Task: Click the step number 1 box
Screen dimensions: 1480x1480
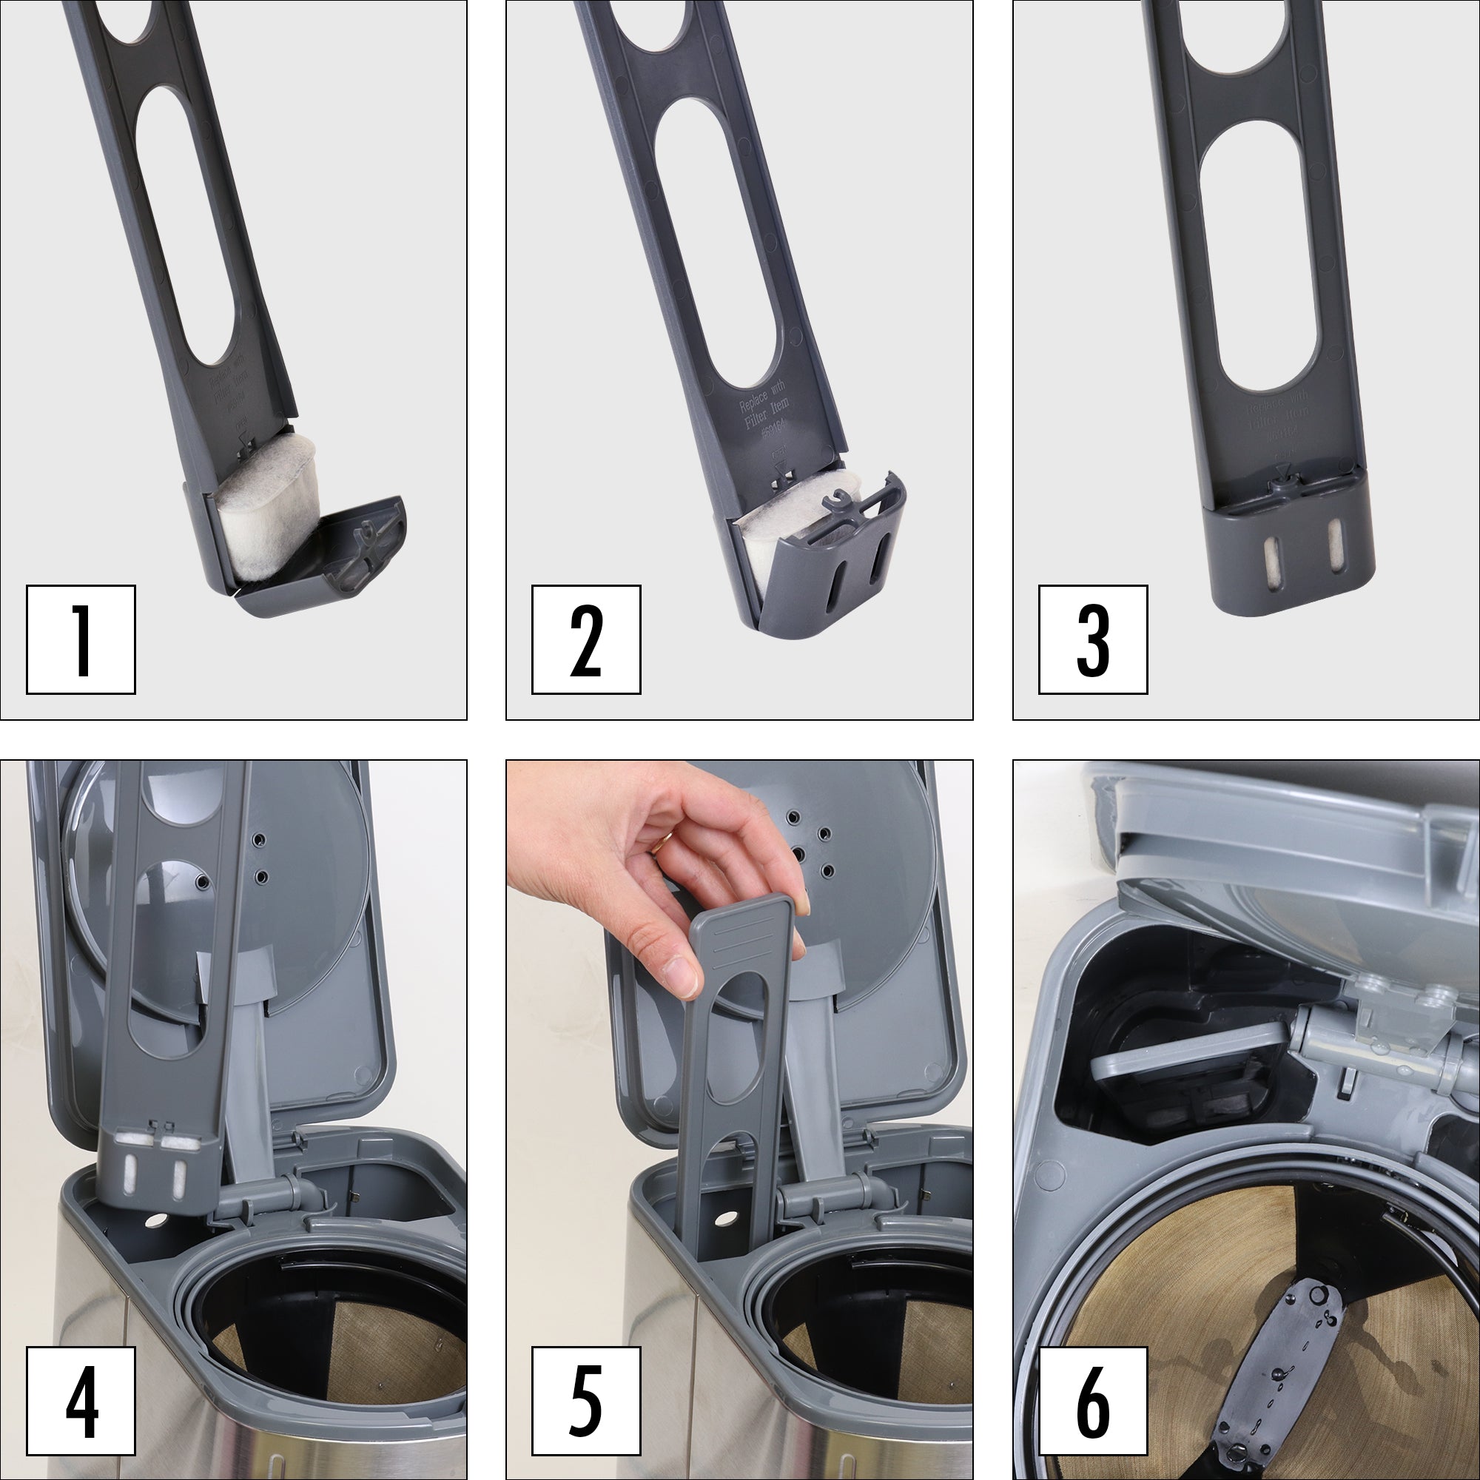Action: point(81,639)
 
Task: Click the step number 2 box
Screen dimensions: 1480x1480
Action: point(586,639)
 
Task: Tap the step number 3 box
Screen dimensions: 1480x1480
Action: point(1092,639)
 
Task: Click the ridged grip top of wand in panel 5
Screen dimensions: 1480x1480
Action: point(741,935)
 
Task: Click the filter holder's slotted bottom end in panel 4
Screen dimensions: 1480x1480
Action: point(157,1168)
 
